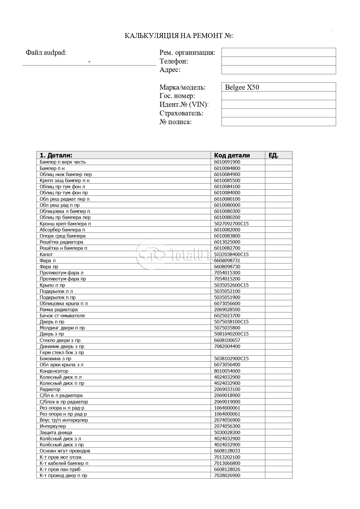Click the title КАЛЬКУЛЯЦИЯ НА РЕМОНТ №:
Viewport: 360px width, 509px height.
[x=179, y=36]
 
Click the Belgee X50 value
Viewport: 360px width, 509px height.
[x=242, y=87]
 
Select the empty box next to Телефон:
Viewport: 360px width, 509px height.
[x=278, y=61]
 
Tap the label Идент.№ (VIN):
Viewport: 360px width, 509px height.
[x=184, y=104]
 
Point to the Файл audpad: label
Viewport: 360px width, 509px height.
[x=46, y=52]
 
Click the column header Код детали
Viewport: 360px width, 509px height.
[x=232, y=155]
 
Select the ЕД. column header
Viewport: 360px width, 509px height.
[x=274, y=155]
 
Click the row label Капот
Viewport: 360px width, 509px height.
[x=46, y=254]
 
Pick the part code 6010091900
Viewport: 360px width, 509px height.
[x=227, y=162]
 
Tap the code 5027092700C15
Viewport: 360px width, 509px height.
[x=231, y=224]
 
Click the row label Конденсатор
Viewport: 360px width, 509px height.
[x=54, y=371]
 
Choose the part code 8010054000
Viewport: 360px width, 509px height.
[x=227, y=371]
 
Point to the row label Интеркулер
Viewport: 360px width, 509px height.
[x=53, y=426]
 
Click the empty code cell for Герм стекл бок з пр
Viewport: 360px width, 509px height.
[x=238, y=352]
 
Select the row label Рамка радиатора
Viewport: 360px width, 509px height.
[x=59, y=309]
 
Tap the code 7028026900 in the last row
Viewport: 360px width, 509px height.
[x=227, y=475]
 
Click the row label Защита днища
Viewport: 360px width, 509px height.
[x=56, y=432]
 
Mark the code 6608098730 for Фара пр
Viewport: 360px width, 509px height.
[x=227, y=267]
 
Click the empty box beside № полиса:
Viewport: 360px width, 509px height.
[x=278, y=122]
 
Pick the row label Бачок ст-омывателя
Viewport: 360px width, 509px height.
[x=62, y=316]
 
